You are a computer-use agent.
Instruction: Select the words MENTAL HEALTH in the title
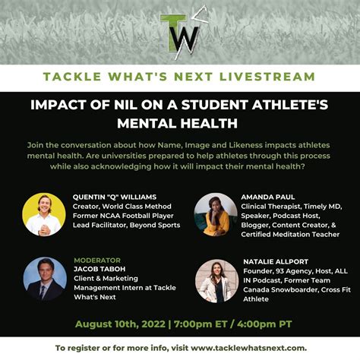(x=180, y=122)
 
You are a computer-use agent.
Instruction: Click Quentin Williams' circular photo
(x=44, y=214)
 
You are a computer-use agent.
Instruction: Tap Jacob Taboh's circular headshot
(x=44, y=279)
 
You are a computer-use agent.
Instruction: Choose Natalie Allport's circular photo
(x=216, y=280)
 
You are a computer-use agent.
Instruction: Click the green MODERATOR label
(x=96, y=261)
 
